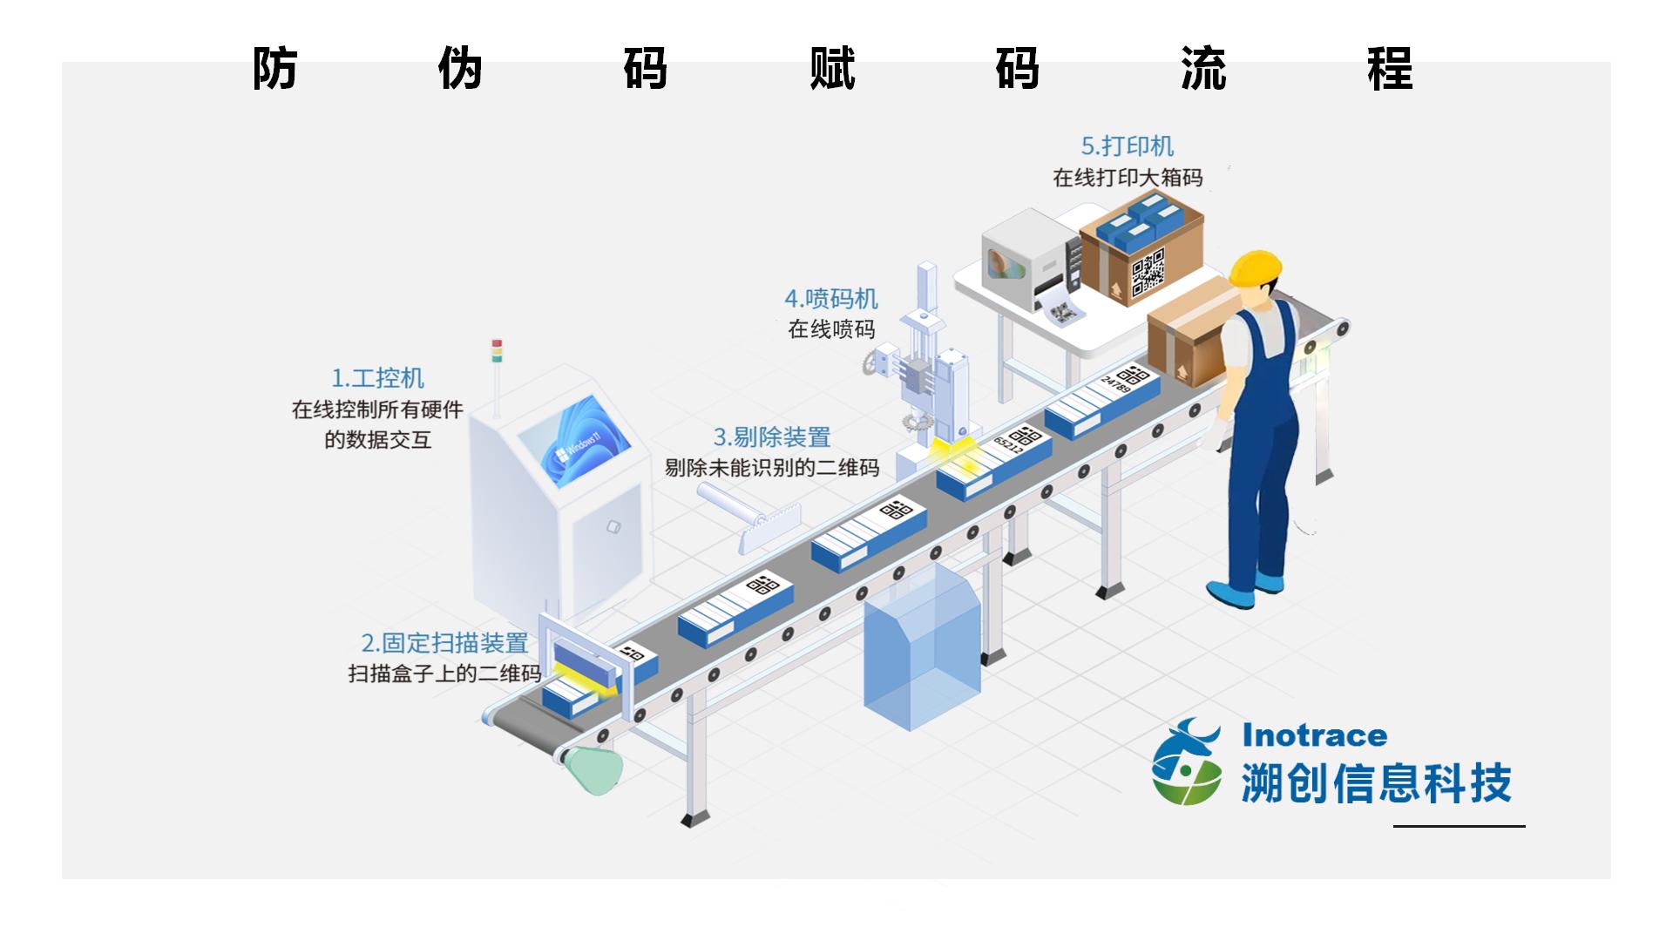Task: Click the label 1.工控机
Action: [x=377, y=378]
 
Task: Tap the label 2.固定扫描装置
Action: [x=444, y=643]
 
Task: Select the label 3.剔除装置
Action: [x=772, y=437]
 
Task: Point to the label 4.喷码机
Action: [x=830, y=299]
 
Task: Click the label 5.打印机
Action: [x=1127, y=146]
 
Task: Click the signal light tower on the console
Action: [x=497, y=351]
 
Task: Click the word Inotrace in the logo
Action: [x=1314, y=735]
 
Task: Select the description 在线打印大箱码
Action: [x=1128, y=178]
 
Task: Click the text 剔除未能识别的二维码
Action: [x=772, y=468]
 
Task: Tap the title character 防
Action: [x=275, y=69]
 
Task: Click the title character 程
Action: [x=1390, y=69]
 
